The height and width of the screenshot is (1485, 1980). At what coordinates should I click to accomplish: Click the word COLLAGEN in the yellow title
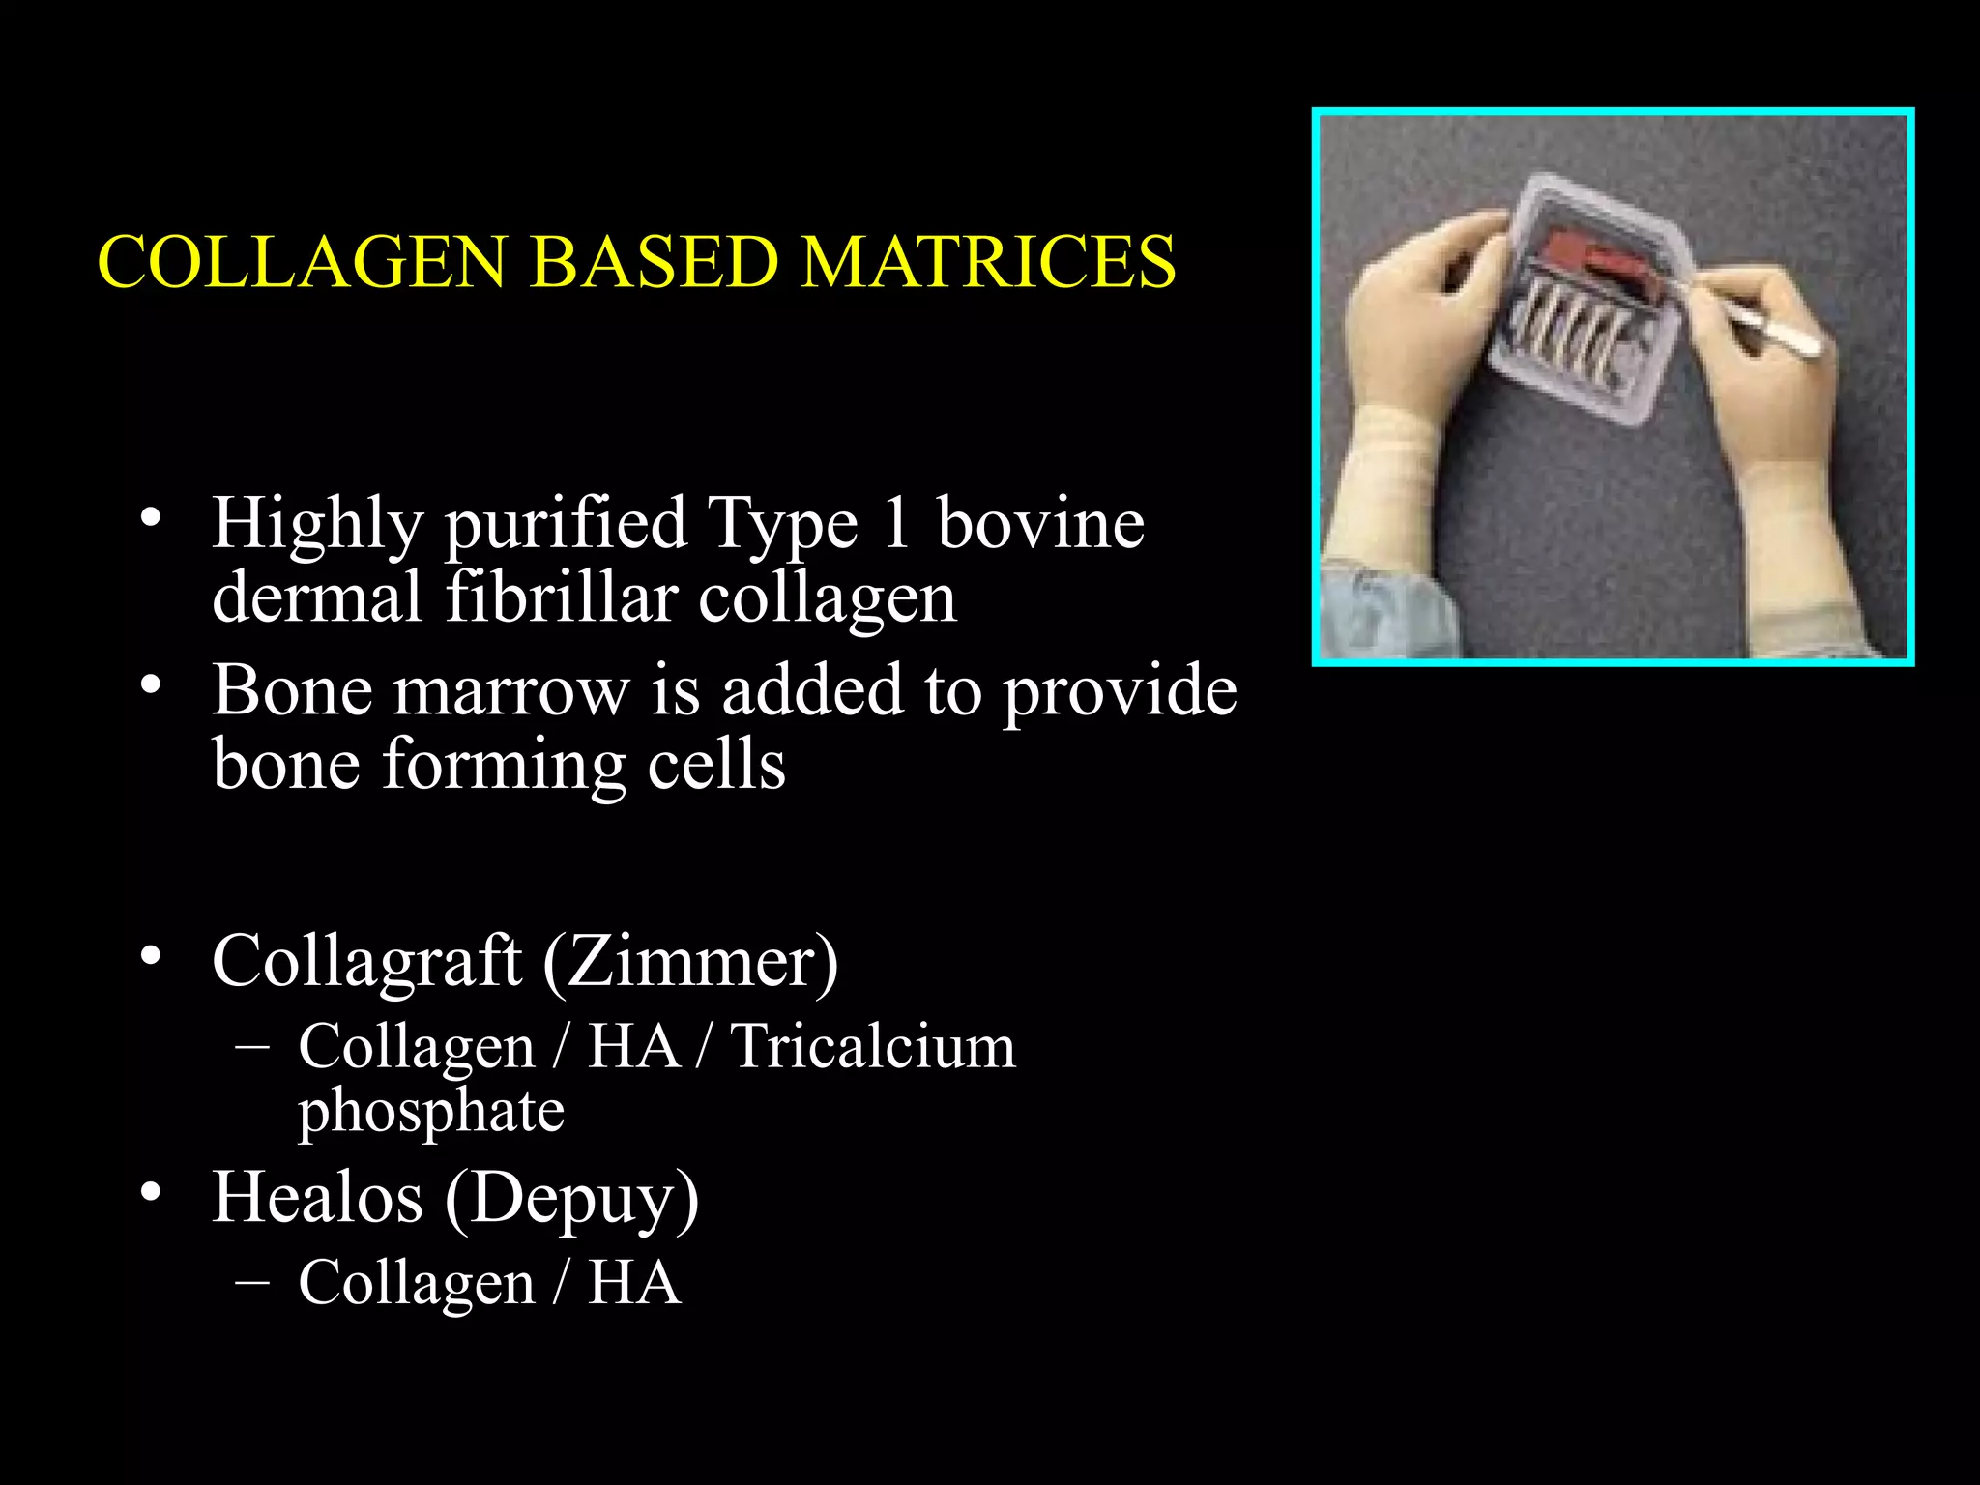coord(302,262)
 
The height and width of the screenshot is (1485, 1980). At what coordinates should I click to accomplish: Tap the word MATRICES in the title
coord(988,262)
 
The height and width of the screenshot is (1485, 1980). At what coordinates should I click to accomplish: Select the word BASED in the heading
coord(655,262)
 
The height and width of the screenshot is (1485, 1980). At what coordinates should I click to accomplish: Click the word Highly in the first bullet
coord(317,525)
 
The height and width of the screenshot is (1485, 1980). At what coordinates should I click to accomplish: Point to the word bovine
coord(1040,523)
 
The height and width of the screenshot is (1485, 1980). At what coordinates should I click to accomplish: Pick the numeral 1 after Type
coord(896,523)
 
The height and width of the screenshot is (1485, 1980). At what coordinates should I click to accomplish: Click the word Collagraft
coord(367,962)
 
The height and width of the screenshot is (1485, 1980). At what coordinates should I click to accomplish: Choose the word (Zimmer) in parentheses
coord(690,962)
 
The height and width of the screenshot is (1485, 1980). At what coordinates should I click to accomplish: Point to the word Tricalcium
coord(873,1046)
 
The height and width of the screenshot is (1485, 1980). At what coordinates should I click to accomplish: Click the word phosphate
coord(431,1112)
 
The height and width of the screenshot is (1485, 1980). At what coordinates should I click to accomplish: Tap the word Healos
coord(317,1198)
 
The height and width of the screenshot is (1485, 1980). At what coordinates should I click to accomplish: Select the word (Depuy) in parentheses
coord(571,1200)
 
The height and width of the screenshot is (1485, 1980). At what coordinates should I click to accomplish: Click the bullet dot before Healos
coord(150,1191)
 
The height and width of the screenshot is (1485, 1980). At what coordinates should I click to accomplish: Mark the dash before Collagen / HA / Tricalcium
coord(252,1047)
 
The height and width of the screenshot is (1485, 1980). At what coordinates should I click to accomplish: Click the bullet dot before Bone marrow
coord(150,684)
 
